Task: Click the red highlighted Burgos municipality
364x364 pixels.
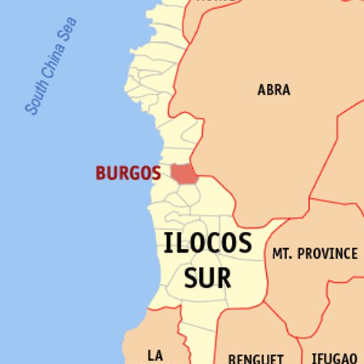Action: tap(182, 173)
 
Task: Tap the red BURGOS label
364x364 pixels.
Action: tap(128, 173)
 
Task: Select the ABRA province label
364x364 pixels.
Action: tap(274, 89)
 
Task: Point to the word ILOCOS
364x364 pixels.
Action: tap(208, 243)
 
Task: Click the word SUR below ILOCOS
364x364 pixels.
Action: tap(208, 276)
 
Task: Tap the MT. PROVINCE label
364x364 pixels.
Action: tap(315, 253)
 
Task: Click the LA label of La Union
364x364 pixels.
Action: tap(156, 355)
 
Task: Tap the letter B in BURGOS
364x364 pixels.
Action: tap(100, 173)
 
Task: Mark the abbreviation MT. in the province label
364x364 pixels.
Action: tap(281, 253)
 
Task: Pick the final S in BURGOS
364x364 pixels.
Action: tap(156, 173)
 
